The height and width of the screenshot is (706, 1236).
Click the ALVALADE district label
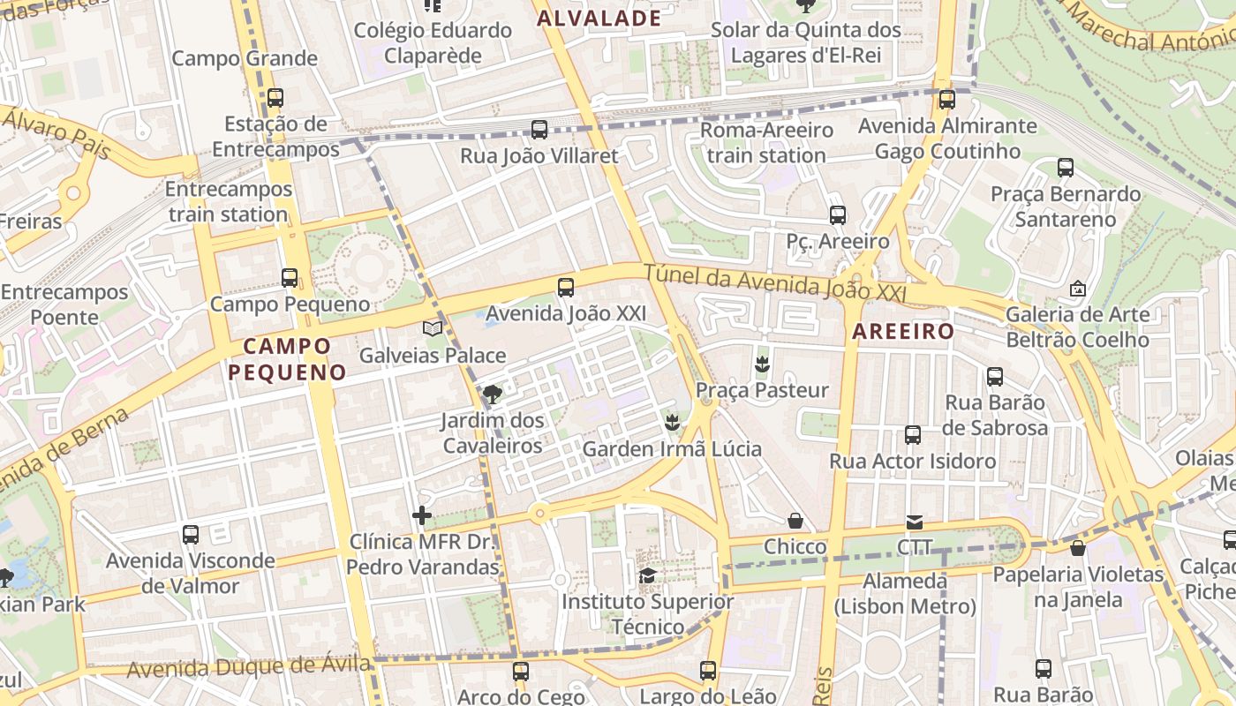tap(599, 19)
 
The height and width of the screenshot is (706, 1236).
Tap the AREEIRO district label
tap(903, 332)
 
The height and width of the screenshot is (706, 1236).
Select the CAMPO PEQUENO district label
tap(287, 358)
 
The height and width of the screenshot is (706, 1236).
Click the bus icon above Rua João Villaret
tap(539, 130)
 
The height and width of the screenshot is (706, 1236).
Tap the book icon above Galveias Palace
tap(432, 329)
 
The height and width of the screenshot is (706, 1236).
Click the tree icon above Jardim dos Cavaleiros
tap(492, 394)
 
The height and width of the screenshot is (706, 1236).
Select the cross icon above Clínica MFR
tap(422, 515)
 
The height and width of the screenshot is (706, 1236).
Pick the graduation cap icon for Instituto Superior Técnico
tap(647, 576)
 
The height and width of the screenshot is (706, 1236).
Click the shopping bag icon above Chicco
tap(795, 521)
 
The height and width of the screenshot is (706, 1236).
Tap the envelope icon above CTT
tap(915, 522)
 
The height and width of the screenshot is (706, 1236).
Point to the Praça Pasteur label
tap(762, 390)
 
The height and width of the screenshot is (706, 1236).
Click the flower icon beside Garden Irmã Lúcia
tap(673, 423)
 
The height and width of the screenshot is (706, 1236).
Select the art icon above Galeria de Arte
tap(1077, 289)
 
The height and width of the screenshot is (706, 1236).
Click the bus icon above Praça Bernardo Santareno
tap(1065, 168)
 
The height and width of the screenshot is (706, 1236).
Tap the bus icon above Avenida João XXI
tap(566, 288)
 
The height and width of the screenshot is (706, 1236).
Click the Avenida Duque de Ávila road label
tap(248, 667)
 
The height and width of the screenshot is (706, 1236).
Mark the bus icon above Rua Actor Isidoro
tap(913, 435)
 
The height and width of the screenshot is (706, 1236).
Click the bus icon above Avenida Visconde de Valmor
tap(191, 535)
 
